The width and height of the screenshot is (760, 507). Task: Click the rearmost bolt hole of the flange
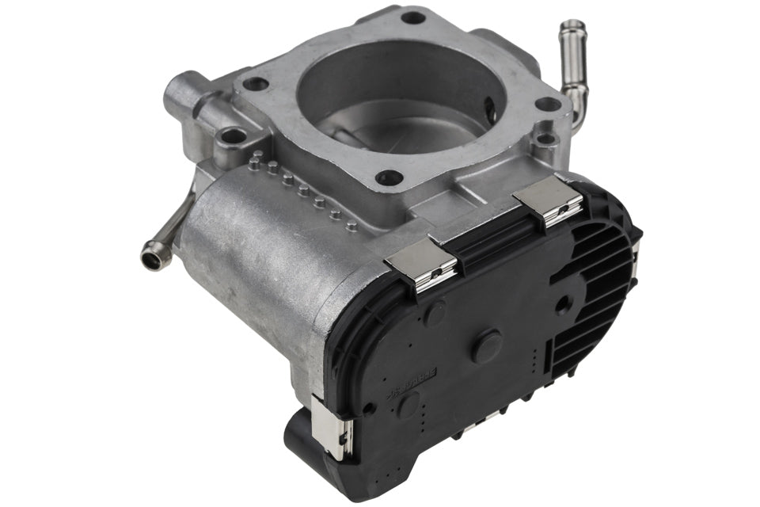pyautogui.click(x=412, y=17)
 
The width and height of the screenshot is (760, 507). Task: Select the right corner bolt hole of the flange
pyautogui.click(x=547, y=104)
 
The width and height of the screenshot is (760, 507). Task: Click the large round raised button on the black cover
pyautogui.click(x=488, y=345)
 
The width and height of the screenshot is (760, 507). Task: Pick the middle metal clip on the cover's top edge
pyautogui.click(x=421, y=263)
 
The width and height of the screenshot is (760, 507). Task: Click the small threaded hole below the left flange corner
pyautogui.click(x=233, y=136)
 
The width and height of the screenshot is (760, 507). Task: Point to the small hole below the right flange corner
pyautogui.click(x=545, y=139)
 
